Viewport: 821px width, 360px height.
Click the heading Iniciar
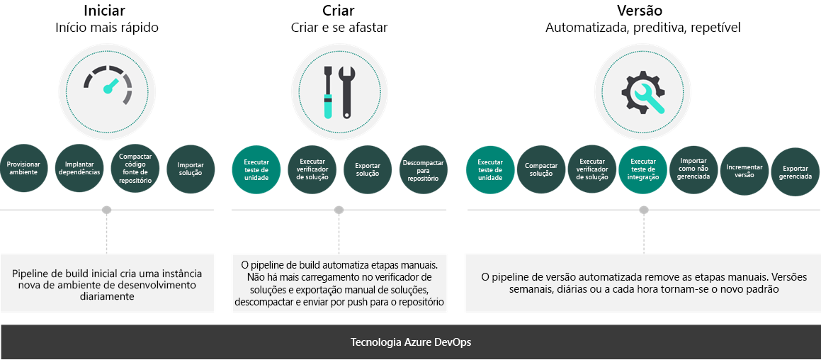point(107,11)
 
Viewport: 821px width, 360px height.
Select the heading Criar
point(339,11)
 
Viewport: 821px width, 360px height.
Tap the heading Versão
point(643,11)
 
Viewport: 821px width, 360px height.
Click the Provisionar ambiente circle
point(24,169)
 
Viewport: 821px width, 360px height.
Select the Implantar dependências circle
point(79,169)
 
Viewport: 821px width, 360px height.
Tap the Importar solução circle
point(191,169)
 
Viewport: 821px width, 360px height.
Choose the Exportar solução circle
point(368,169)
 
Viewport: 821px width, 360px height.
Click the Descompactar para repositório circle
point(424,169)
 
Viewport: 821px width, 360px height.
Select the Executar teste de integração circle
point(643,169)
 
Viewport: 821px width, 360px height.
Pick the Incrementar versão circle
point(744,169)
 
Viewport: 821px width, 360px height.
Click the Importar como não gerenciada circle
point(693,169)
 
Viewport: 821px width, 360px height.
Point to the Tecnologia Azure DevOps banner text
point(410,342)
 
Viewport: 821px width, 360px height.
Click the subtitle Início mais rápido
point(107,28)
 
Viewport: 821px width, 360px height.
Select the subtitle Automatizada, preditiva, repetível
point(643,28)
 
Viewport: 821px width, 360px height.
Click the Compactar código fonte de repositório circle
point(135,169)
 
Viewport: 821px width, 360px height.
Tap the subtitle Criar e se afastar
point(339,28)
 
